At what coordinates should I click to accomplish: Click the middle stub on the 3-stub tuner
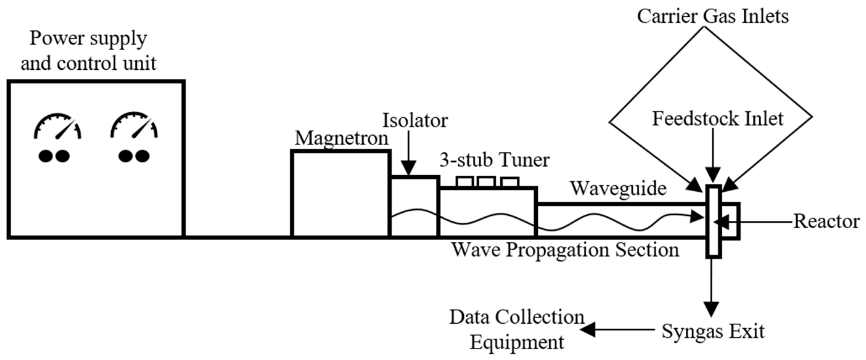(486, 182)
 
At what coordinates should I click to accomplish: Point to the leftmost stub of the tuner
(465, 182)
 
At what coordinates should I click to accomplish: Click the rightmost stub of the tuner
(510, 182)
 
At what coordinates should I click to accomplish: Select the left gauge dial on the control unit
(57, 128)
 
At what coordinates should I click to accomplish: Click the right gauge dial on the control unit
(134, 128)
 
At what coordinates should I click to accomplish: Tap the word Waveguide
(618, 189)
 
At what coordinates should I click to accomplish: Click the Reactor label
(826, 222)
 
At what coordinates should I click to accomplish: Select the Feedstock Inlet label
(718, 119)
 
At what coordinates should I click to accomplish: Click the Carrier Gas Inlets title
(713, 16)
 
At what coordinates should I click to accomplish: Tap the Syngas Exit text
(713, 331)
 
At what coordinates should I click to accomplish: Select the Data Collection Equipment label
(517, 329)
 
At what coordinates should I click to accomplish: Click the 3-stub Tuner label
(495, 160)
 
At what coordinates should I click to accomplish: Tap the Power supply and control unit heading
(88, 51)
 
